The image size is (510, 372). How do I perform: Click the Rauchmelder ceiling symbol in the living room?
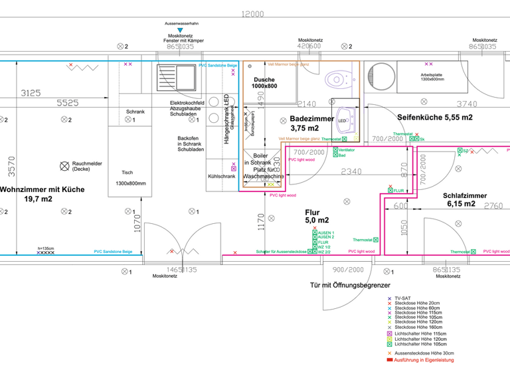pyautogui.click(x=64, y=165)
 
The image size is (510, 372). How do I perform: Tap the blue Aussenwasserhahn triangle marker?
pyautogui.click(x=180, y=31)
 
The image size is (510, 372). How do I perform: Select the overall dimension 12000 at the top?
pyautogui.click(x=252, y=14)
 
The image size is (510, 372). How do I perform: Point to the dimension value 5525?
pyautogui.click(x=67, y=104)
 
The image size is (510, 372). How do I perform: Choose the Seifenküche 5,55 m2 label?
pyautogui.click(x=434, y=117)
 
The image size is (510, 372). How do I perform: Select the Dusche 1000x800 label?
pyautogui.click(x=266, y=82)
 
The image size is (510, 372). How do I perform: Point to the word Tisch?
pyautogui.click(x=127, y=172)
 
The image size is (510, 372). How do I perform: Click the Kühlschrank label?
pyautogui.click(x=221, y=177)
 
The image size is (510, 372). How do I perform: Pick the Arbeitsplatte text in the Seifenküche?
pyautogui.click(x=432, y=74)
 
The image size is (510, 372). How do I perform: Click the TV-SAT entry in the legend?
pyautogui.click(x=402, y=299)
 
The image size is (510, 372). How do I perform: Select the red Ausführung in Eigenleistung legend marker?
pyautogui.click(x=390, y=359)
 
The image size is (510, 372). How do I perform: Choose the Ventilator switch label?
pyautogui.click(x=347, y=150)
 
